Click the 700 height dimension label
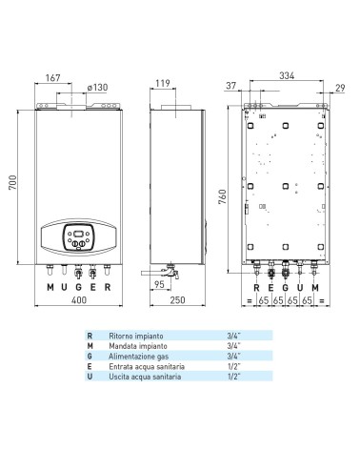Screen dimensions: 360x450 [x=12, y=182]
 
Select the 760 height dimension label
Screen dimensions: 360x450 [x=223, y=196]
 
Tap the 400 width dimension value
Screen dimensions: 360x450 [x=79, y=300]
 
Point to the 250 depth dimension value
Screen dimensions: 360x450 [x=177, y=300]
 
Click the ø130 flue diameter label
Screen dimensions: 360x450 [x=97, y=87]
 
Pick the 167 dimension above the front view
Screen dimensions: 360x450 [x=52, y=78]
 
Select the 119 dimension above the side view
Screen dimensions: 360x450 [x=163, y=83]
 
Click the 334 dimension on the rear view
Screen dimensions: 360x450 [x=287, y=75]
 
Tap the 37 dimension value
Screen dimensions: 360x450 [x=231, y=86]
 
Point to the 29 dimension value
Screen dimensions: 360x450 [x=340, y=88]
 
